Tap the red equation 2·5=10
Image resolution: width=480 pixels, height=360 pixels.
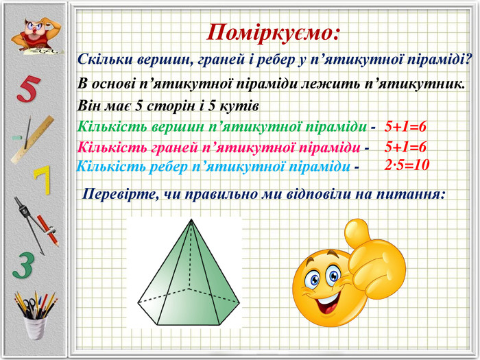407,165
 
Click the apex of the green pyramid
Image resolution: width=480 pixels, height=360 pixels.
191,219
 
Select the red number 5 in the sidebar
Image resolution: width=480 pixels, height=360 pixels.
29,88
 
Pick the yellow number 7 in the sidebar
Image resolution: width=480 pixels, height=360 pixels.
43,180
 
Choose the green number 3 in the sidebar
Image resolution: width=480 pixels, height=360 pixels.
23,265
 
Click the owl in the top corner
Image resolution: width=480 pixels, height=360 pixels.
36,36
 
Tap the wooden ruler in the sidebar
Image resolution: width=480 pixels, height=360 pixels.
32,139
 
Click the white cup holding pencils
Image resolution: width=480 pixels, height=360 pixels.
36,328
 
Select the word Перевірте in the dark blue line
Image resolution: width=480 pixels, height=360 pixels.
120,194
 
